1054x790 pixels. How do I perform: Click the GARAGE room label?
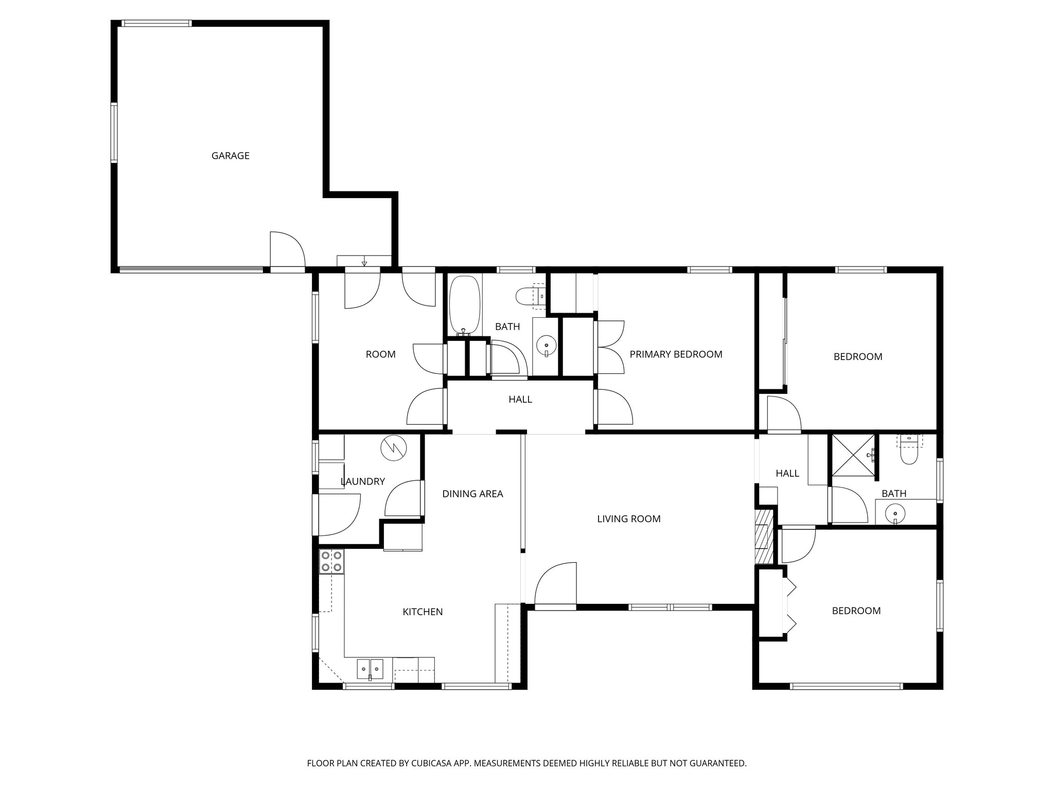[230, 156]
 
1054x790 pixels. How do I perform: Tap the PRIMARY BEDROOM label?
[676, 354]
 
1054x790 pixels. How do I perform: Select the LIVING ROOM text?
[628, 519]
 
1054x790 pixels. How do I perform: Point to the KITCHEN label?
[423, 612]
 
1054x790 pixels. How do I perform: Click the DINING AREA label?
[472, 494]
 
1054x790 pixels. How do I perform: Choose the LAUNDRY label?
[363, 482]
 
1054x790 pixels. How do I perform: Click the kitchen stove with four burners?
[332, 561]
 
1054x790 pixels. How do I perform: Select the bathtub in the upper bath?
[465, 306]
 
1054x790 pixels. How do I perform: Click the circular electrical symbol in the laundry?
[393, 448]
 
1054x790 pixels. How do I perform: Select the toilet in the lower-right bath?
[909, 453]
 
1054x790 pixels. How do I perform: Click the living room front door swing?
[556, 586]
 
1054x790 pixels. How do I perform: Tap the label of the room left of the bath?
[380, 354]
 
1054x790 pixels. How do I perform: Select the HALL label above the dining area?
[520, 400]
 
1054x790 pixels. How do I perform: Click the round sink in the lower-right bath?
[896, 513]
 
